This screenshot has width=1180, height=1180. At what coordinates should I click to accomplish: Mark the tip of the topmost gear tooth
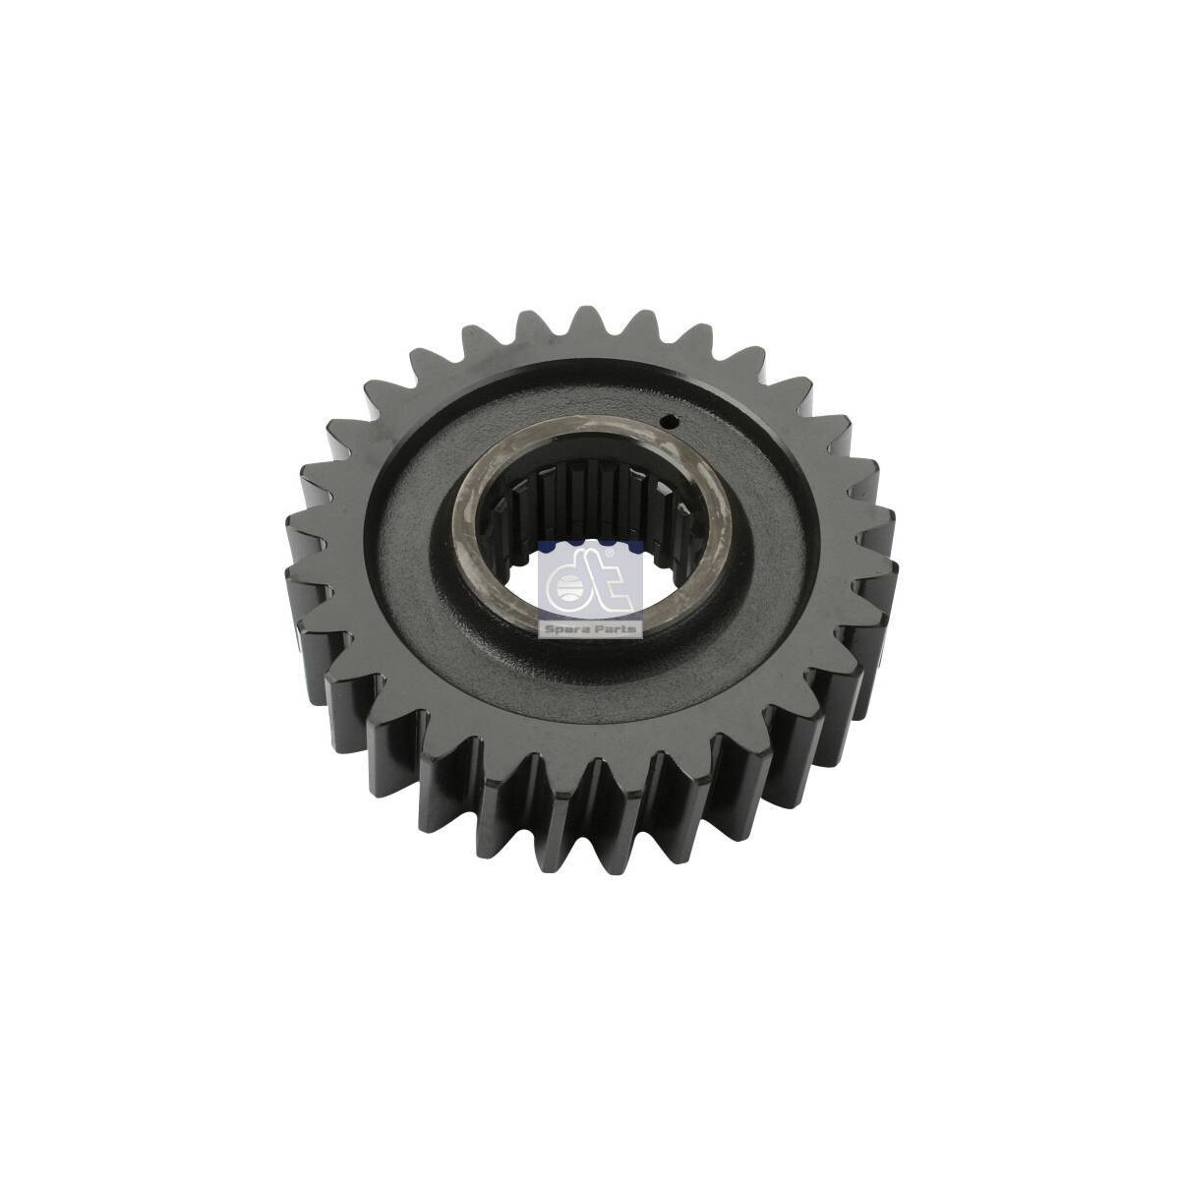coord(588,312)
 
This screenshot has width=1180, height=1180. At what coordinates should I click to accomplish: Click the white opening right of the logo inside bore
coord(656,580)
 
